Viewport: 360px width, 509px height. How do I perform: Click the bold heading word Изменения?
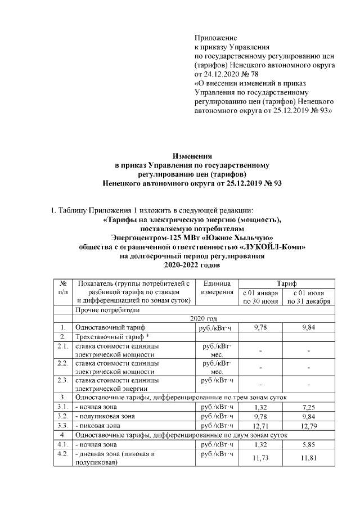(191, 156)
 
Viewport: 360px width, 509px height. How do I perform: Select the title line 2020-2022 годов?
(192, 264)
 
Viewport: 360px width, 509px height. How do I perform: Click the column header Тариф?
(286, 283)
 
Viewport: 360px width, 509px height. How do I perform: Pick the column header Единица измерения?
(215, 288)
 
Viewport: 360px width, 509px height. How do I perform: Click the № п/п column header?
(63, 288)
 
